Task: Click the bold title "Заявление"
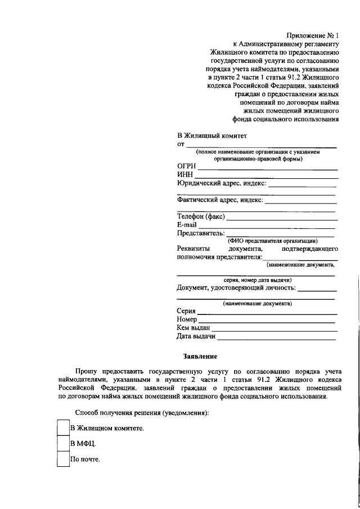(x=200, y=356)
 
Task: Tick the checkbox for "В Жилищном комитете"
(x=64, y=428)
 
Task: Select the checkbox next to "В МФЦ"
(x=64, y=444)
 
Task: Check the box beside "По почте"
(x=64, y=460)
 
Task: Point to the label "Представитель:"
(x=201, y=233)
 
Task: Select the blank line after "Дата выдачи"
(x=277, y=340)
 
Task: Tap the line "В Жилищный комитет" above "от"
(x=212, y=136)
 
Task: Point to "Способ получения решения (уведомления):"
(x=142, y=413)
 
